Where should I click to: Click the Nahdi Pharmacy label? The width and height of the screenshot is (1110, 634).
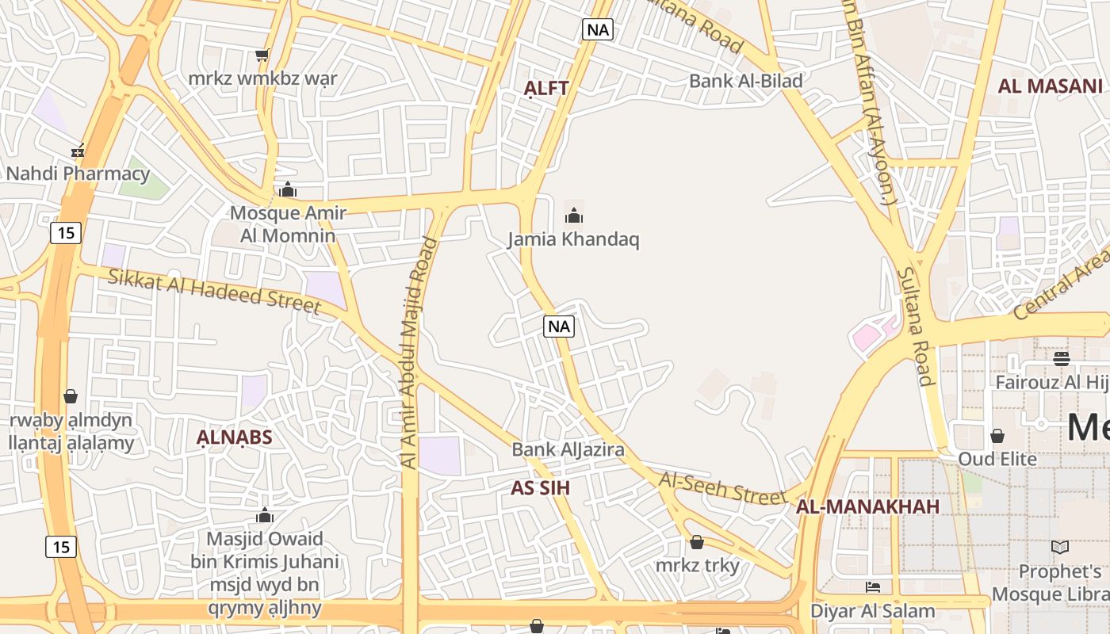pos(78,173)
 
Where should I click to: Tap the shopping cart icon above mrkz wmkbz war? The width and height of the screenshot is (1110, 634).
pos(262,55)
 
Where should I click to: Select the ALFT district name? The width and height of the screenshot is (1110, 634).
pos(547,88)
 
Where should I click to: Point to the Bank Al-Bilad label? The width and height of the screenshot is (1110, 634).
pos(745,80)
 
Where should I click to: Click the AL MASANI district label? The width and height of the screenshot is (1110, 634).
pos(1050,86)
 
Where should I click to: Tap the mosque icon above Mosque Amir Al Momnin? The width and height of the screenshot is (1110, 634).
pos(288,189)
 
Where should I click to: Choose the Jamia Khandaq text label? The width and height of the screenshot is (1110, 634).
pos(573,239)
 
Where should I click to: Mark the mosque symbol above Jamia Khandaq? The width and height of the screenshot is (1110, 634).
pos(574,215)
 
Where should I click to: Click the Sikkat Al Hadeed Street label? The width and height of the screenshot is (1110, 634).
pos(214,290)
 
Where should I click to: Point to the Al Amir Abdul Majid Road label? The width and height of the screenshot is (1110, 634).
pos(419,353)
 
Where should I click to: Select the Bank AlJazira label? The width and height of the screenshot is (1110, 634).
pos(568,449)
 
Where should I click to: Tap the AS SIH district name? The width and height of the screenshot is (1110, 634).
pos(540,488)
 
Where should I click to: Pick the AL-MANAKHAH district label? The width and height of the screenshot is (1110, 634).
pos(867,506)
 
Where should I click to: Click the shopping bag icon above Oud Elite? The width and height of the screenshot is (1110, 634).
pos(997,436)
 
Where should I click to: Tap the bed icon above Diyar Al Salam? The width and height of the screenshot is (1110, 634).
pos(873,587)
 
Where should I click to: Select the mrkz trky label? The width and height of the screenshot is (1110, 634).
pos(697,565)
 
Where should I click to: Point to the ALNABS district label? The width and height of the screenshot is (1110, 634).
pos(235,437)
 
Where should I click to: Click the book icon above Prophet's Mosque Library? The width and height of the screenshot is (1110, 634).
pos(1060,547)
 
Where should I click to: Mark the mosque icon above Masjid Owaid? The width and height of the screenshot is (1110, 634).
pos(265,515)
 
